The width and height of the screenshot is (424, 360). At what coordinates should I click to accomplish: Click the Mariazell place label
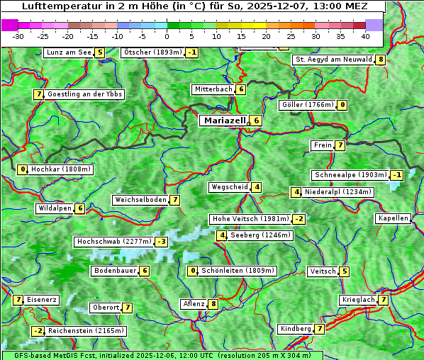(x=225, y=120)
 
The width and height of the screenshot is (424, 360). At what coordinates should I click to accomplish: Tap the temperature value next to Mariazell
(x=256, y=120)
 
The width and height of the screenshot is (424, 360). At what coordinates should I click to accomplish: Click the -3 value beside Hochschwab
(x=162, y=242)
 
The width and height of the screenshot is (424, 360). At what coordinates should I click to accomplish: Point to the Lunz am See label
(x=68, y=52)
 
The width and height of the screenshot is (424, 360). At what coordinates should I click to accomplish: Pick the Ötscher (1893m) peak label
(x=152, y=52)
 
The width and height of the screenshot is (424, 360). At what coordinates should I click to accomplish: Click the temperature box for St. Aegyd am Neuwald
(x=381, y=60)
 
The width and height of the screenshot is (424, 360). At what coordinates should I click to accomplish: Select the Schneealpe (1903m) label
(x=350, y=175)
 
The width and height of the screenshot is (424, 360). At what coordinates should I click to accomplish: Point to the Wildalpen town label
(x=55, y=208)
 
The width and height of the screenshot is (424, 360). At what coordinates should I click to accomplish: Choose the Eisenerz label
(x=42, y=300)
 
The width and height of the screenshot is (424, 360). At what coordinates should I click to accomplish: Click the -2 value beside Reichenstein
(x=38, y=331)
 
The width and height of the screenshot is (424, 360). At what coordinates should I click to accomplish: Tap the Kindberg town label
(x=296, y=329)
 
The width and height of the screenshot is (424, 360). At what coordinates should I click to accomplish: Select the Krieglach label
(x=358, y=300)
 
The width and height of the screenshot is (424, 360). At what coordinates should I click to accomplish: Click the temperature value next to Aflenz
(x=213, y=304)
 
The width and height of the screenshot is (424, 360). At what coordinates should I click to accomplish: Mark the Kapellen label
(x=393, y=218)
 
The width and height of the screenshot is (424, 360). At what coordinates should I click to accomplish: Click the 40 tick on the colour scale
(x=365, y=36)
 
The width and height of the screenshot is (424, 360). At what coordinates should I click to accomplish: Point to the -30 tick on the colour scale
(x=18, y=36)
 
